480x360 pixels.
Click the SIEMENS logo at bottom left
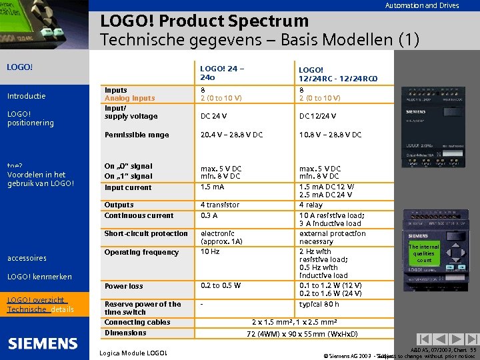click(x=43, y=343)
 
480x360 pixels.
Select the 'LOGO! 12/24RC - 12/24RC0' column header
click(x=329, y=73)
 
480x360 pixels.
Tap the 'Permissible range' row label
click(x=137, y=135)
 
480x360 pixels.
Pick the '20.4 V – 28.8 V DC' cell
click(x=231, y=135)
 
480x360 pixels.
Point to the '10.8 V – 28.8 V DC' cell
click(x=330, y=135)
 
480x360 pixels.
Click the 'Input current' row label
click(x=128, y=187)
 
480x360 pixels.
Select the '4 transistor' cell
click(x=220, y=205)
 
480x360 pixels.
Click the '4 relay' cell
click(x=311, y=205)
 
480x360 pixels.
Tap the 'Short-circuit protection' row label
click(x=146, y=233)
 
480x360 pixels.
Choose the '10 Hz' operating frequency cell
click(x=210, y=252)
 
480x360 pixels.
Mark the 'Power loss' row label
click(x=123, y=286)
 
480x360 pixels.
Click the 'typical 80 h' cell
click(x=320, y=304)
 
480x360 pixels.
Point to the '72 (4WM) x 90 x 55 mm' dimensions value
click(x=302, y=333)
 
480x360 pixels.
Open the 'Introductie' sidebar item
click(x=26, y=96)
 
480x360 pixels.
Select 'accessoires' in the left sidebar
click(x=27, y=258)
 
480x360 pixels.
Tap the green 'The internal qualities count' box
click(x=424, y=253)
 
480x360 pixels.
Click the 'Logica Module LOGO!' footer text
click(x=133, y=353)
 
